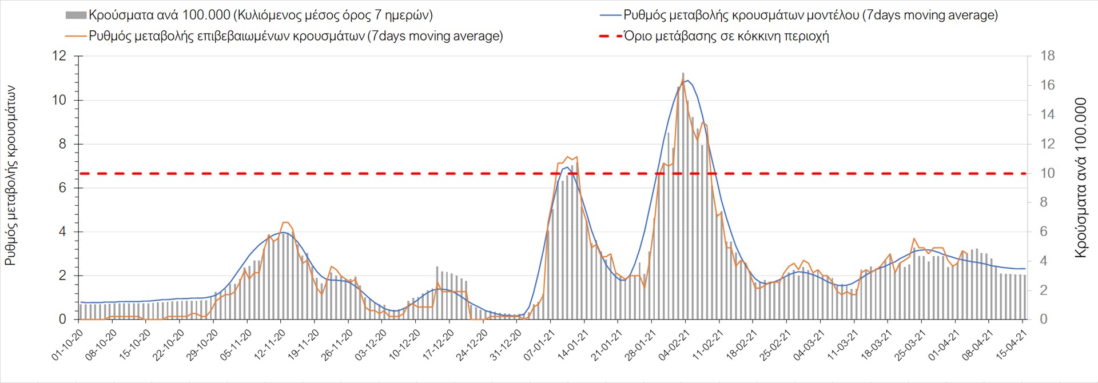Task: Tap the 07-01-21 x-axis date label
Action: tap(539, 346)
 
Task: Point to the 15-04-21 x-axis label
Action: tap(1012, 346)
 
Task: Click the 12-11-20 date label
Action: tap(270, 346)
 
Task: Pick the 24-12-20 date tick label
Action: tap(472, 346)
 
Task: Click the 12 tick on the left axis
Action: tap(59, 56)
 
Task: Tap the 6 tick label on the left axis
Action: tap(62, 188)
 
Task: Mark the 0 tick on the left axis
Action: tap(62, 320)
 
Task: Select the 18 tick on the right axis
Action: tap(1047, 56)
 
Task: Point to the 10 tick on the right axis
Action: tap(1047, 173)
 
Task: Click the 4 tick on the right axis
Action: tap(1044, 261)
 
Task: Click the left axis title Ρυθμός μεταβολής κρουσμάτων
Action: tap(10, 176)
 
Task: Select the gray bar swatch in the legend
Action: tap(76, 15)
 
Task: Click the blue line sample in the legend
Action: tap(610, 15)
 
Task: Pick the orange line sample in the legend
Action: tap(76, 36)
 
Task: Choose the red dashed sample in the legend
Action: tap(610, 36)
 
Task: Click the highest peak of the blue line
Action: tap(687, 81)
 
